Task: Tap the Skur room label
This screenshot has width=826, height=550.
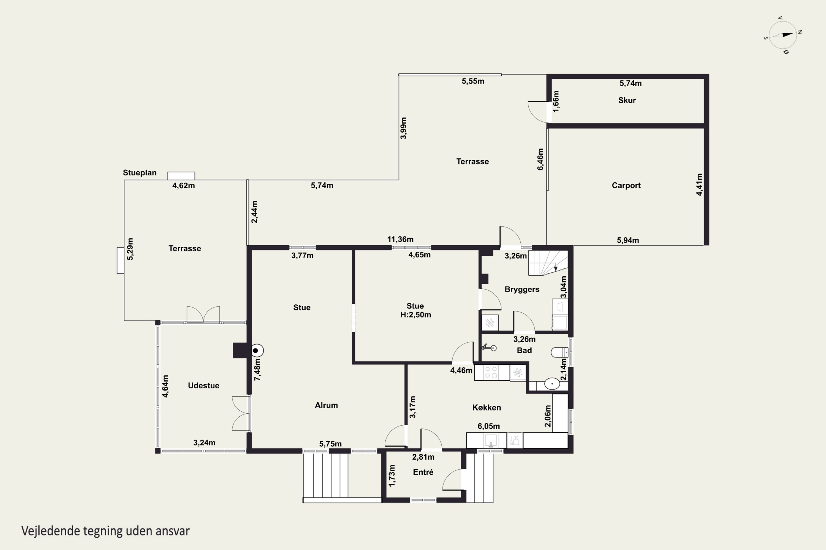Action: [627, 100]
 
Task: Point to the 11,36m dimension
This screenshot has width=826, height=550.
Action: [400, 239]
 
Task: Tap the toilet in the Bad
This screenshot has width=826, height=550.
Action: [559, 352]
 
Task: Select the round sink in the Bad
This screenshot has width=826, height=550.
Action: [552, 384]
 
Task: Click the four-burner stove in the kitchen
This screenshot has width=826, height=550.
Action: [491, 373]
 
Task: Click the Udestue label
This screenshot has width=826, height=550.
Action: [203, 386]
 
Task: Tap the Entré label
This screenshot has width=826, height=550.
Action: [423, 472]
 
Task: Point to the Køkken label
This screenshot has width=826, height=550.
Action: [487, 408]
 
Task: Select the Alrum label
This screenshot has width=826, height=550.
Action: [326, 405]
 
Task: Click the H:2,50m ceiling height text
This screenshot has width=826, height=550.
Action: [415, 315]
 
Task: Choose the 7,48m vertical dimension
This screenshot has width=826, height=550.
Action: [257, 369]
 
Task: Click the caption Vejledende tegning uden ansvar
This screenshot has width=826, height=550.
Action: [105, 531]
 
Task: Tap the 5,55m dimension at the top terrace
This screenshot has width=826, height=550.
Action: [473, 81]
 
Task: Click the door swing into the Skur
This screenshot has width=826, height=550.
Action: [537, 112]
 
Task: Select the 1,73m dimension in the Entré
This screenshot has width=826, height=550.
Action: [392, 476]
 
